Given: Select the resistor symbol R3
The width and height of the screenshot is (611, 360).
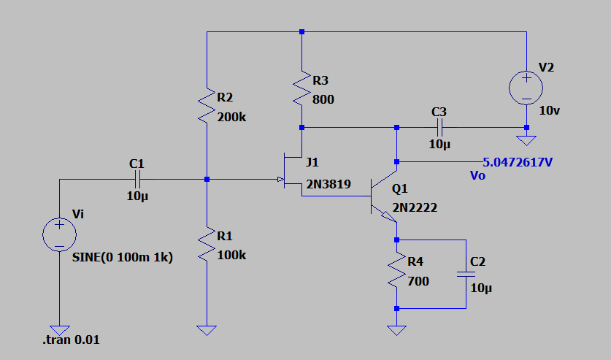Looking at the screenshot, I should (x=301, y=88).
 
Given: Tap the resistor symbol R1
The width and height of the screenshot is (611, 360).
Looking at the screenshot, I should (x=207, y=245).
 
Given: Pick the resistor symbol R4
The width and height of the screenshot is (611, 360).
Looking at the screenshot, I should (x=396, y=270).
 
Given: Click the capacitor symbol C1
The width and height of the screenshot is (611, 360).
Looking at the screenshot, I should (x=136, y=179).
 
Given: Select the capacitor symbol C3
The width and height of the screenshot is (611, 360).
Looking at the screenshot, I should (x=439, y=127).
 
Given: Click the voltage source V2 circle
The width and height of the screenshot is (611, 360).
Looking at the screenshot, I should (x=526, y=88).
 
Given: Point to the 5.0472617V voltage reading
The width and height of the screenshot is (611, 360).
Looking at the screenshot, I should (x=518, y=161).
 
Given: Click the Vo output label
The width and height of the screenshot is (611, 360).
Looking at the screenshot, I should (x=478, y=175).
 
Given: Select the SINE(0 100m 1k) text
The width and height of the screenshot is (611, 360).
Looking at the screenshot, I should (x=122, y=257).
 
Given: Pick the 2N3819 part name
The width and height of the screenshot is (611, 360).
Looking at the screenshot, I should (x=328, y=185).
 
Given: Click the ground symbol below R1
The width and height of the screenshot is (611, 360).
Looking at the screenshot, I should (x=207, y=330).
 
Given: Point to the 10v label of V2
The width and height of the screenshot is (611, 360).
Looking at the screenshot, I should (x=549, y=110).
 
